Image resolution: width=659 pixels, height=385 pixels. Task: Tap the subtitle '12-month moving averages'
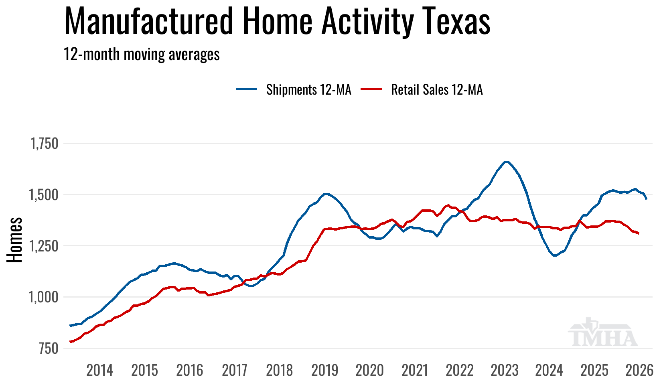[x=142, y=54]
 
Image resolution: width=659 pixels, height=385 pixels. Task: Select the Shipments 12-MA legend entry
[x=294, y=89]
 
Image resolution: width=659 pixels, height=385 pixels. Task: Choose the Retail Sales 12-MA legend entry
[x=422, y=89]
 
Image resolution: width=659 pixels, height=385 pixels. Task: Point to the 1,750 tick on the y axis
[x=45, y=144]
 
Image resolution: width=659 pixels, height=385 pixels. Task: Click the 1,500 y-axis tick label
[x=45, y=195]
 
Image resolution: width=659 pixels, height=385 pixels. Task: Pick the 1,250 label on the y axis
[x=45, y=246]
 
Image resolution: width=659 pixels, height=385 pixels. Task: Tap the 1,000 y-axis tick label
[x=45, y=297]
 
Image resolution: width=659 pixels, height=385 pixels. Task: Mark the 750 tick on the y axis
[x=49, y=349]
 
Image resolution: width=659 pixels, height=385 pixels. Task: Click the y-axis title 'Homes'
[x=14, y=240]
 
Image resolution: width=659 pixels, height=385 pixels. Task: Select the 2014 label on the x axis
[x=100, y=370]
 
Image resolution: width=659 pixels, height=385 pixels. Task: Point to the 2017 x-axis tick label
[x=235, y=370]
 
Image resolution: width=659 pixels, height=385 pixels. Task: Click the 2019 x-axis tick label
[x=325, y=370]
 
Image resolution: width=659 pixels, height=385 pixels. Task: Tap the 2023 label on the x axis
[x=505, y=370]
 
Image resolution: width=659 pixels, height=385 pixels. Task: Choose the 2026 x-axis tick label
[x=639, y=370]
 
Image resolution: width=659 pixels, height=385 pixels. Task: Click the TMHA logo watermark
[x=602, y=333]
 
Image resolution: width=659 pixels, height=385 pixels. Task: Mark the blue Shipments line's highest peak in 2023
[x=506, y=162]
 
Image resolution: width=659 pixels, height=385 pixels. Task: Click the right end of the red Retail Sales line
[x=638, y=233]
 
